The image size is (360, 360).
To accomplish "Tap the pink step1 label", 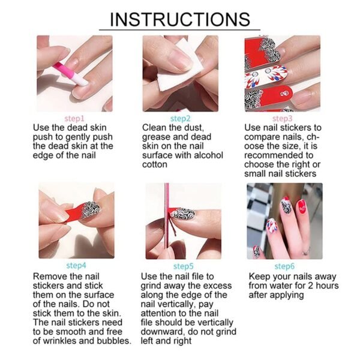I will (x=74, y=119).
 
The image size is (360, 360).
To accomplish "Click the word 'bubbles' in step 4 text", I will (x=111, y=340).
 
